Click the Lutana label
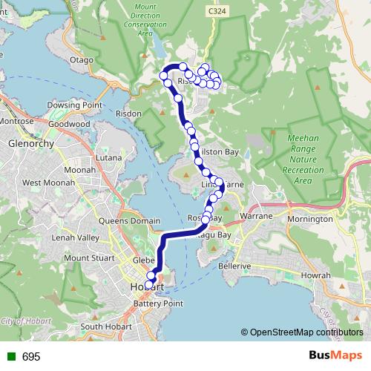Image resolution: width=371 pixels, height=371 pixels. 108,158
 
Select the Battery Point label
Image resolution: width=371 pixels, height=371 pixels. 158,303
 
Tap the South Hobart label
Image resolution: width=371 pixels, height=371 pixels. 105,326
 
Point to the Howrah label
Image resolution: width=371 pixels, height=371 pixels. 316,275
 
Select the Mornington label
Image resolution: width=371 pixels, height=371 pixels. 309,219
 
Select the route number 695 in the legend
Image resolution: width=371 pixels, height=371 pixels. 31,357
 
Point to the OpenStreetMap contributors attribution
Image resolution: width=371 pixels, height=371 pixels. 305,332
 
